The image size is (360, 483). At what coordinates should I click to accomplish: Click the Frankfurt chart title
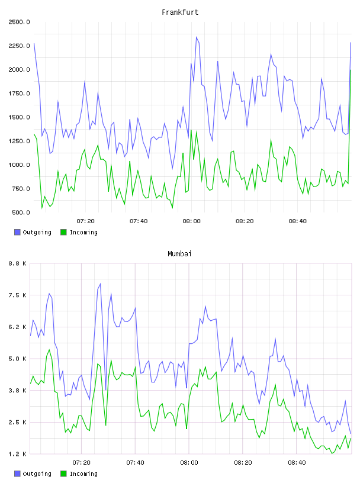tap(180, 12)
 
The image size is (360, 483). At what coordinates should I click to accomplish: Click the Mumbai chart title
tap(179, 254)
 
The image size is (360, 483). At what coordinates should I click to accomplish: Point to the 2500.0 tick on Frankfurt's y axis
tap(19, 22)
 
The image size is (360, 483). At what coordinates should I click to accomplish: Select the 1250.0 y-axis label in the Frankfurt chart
tap(19, 141)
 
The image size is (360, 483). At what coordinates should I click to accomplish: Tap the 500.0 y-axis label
tap(21, 212)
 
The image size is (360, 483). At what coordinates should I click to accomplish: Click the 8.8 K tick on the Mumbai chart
tap(18, 263)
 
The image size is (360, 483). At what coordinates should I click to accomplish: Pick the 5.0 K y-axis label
tap(18, 359)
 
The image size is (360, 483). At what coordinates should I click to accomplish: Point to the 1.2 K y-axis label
tap(18, 454)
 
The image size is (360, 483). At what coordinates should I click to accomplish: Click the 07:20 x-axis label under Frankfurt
tap(85, 221)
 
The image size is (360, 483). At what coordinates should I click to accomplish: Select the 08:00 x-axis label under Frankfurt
tap(191, 221)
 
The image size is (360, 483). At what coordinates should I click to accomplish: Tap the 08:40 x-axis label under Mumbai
tap(297, 463)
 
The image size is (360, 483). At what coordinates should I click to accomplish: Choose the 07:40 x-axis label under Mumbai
tap(136, 463)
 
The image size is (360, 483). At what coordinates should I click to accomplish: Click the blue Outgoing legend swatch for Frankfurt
tap(17, 232)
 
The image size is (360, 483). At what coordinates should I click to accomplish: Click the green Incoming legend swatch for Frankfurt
tap(63, 232)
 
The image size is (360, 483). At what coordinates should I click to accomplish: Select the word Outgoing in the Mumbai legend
tap(37, 474)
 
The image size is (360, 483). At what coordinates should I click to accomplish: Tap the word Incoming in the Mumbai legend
tap(83, 474)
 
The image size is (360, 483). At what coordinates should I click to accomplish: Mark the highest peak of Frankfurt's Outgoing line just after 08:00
tap(197, 37)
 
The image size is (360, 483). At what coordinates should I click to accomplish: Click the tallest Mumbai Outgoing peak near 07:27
tap(100, 284)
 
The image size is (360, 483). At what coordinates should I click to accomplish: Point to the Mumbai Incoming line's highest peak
tap(49, 350)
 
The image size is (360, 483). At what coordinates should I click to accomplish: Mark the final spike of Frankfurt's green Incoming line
tap(351, 70)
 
